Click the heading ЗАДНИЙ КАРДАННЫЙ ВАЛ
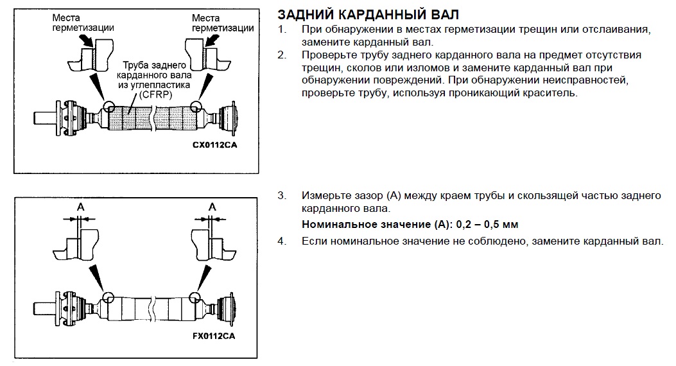tap(368, 14)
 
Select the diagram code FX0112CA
tap(216, 336)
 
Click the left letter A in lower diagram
tap(80, 207)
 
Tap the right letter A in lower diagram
tap(211, 207)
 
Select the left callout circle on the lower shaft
tap(107, 297)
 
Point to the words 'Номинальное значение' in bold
tap(360, 225)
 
